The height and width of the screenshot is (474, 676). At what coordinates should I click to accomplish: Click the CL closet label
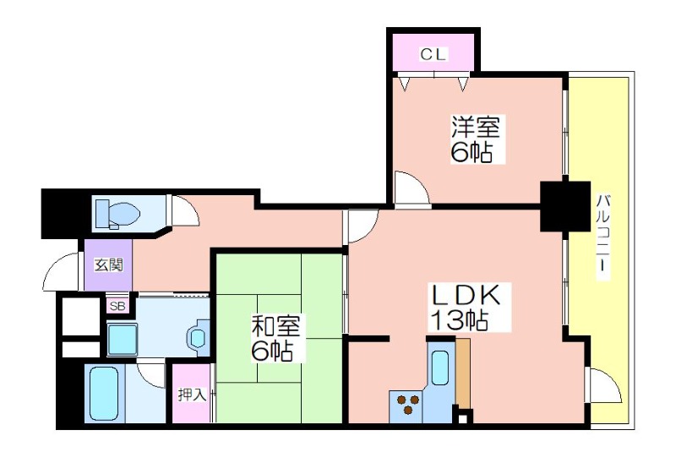click(x=434, y=54)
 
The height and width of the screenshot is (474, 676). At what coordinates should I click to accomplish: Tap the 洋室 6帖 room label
click(x=476, y=139)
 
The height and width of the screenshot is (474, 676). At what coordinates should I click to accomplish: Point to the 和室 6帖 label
click(x=275, y=338)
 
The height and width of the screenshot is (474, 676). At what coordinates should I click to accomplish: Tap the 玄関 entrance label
click(x=109, y=265)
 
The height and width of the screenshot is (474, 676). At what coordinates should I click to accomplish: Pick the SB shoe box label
click(x=117, y=307)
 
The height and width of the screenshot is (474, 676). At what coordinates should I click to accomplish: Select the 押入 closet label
click(x=193, y=395)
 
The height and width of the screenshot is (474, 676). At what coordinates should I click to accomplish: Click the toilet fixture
click(x=117, y=213)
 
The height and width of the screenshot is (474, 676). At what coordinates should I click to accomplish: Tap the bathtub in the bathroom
click(x=104, y=393)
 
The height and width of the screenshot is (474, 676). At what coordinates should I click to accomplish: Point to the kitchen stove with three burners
click(x=406, y=406)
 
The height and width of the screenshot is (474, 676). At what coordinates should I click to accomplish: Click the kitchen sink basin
click(x=440, y=368)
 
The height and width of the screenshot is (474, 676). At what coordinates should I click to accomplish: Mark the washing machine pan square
click(x=122, y=340)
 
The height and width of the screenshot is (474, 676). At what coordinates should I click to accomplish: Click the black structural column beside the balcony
click(x=565, y=206)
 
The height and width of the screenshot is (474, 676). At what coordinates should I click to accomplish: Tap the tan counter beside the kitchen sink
click(x=463, y=373)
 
